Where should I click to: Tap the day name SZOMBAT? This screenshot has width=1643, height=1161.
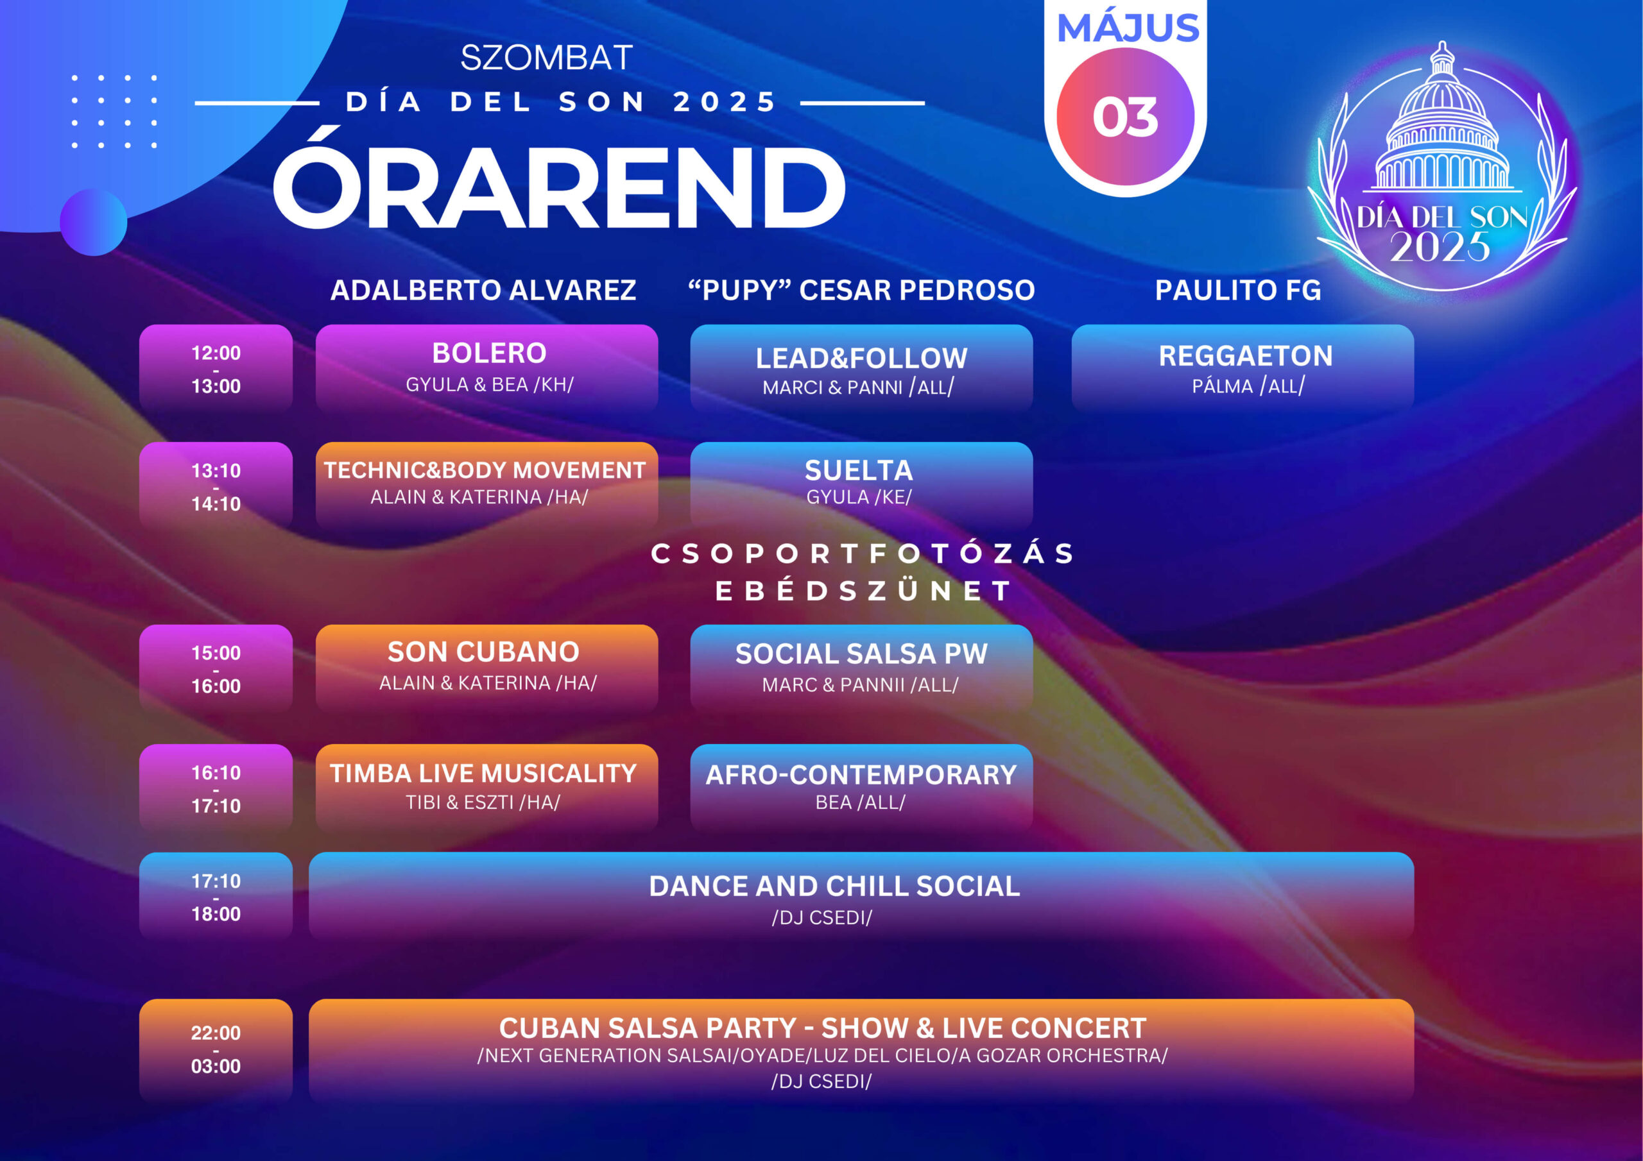pos(547,58)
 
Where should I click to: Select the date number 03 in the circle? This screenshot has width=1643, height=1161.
pos(1125,117)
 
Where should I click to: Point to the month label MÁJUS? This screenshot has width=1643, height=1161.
pos(1128,28)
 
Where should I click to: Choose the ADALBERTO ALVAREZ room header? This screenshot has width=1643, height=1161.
pos(483,290)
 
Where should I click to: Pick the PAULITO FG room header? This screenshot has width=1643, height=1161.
pos(1238,290)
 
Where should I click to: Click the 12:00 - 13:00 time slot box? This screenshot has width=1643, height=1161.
pos(216,369)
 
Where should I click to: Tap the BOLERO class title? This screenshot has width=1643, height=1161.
pos(490,353)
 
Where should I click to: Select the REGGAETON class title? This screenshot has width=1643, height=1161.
pos(1246,355)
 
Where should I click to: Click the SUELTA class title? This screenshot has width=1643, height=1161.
pos(859,470)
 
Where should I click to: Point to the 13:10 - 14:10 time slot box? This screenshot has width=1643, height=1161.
pos(216,486)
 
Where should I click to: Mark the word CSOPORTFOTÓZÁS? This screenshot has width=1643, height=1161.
pos(863,553)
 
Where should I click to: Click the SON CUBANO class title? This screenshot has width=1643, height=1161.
pos(484,652)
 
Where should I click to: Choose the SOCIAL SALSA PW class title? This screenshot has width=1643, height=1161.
pos(861,653)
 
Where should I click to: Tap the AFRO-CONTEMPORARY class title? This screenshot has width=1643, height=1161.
pos(861,775)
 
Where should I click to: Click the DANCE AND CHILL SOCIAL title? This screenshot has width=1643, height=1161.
pos(834,886)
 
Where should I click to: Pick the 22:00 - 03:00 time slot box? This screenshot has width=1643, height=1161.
pos(216,1049)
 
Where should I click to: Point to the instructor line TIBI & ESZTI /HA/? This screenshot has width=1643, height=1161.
pos(483,802)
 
